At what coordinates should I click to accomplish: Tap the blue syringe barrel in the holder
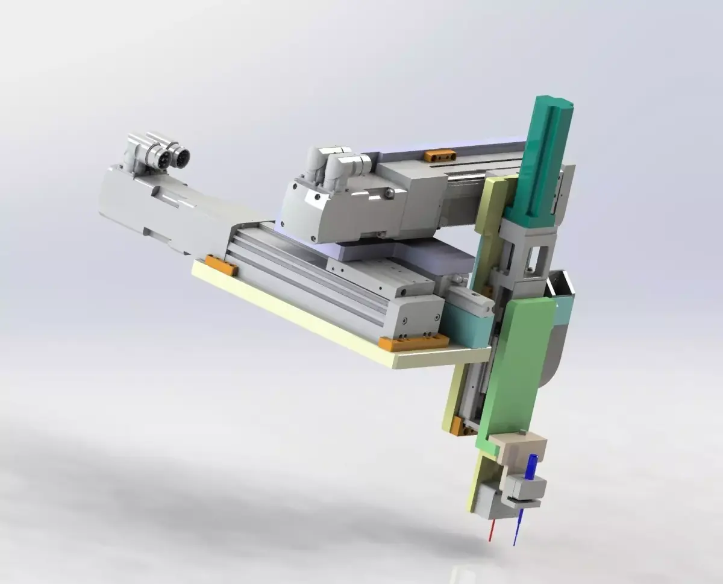pyautogui.click(x=530, y=467)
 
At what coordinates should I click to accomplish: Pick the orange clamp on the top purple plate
pyautogui.click(x=440, y=155)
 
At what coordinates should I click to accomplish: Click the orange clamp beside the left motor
pyautogui.click(x=222, y=265)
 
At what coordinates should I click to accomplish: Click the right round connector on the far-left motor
pyautogui.click(x=181, y=157)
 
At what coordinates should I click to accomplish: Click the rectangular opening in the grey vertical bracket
pyautogui.click(x=533, y=258)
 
